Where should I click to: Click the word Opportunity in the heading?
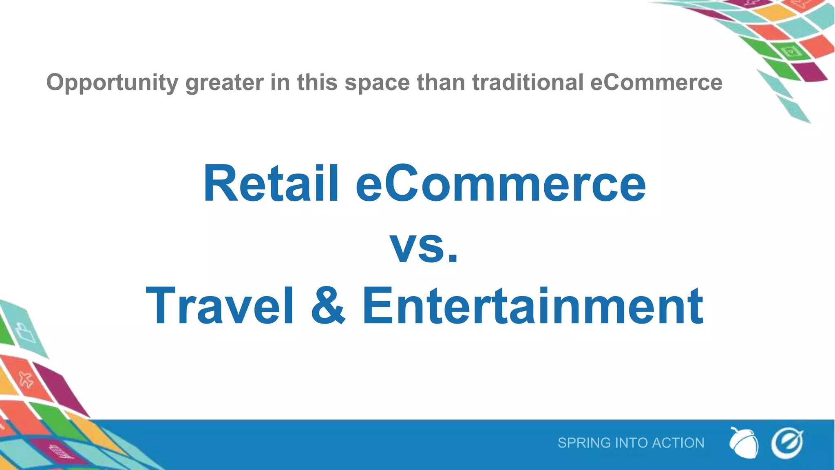tap(112, 83)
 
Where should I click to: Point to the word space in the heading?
tap(377, 83)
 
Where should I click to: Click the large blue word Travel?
tap(220, 306)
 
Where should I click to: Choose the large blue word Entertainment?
tap(532, 306)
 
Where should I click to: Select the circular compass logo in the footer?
tap(787, 443)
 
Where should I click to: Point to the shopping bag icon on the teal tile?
tap(25, 333)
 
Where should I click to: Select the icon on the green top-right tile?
tap(791, 51)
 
